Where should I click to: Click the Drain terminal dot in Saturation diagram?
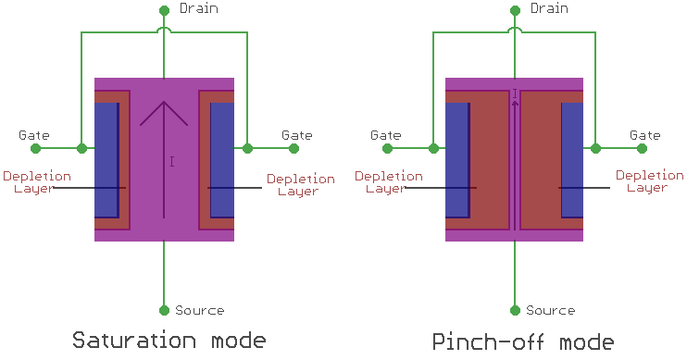point(164,11)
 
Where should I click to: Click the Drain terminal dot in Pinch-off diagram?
point(515,11)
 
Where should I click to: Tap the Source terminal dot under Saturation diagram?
point(164,310)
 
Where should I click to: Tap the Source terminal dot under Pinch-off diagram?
point(515,310)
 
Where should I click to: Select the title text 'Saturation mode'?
point(169,340)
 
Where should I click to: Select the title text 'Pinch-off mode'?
point(523,340)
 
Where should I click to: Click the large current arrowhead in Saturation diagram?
point(164,111)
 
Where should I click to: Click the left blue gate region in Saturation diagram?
point(106,160)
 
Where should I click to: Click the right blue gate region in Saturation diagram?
point(222,160)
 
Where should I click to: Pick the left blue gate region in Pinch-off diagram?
point(457,160)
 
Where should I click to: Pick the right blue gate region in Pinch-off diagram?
point(572,160)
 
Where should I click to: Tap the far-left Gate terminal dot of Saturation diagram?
point(35,148)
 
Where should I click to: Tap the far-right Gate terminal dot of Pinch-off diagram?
point(644,148)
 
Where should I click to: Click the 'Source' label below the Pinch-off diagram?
point(550,311)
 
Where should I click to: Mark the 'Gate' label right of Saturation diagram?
point(297,135)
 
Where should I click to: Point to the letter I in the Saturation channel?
point(172,162)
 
